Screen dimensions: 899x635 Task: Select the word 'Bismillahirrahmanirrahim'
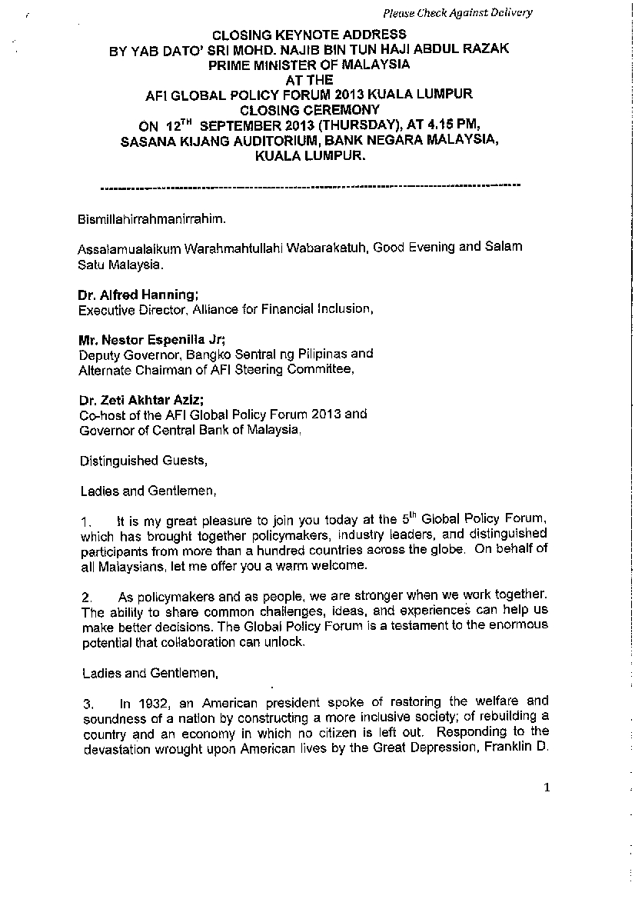click(x=151, y=219)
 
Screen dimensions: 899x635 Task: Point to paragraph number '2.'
click(x=87, y=598)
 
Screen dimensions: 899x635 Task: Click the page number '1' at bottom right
click(x=547, y=786)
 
